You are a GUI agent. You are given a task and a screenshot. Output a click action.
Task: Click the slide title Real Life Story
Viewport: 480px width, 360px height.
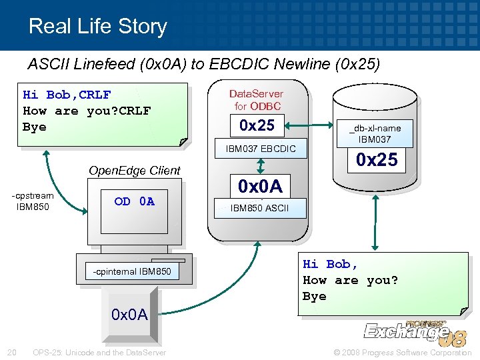pyautogui.click(x=97, y=26)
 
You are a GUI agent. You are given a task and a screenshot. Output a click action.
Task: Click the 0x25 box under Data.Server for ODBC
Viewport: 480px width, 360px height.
pyautogui.click(x=257, y=124)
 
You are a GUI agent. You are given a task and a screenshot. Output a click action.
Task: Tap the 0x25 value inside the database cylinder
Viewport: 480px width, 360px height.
pyautogui.click(x=377, y=159)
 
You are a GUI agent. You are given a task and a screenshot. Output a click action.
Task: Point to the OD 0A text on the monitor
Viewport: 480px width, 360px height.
pyautogui.click(x=134, y=201)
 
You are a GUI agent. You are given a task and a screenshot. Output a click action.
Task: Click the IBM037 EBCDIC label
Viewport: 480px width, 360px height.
pyautogui.click(x=257, y=147)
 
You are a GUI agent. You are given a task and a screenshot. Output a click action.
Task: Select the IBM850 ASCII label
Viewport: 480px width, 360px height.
pyautogui.click(x=259, y=208)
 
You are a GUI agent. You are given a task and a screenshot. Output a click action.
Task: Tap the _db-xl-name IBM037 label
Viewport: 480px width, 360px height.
pyautogui.click(x=377, y=133)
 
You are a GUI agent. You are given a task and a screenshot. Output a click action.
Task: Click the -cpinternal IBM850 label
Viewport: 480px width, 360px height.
pyautogui.click(x=132, y=271)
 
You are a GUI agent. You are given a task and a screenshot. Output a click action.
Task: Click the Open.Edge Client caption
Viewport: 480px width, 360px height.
pyautogui.click(x=134, y=170)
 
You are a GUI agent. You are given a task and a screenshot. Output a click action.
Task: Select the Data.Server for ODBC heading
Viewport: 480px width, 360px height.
pyautogui.click(x=257, y=100)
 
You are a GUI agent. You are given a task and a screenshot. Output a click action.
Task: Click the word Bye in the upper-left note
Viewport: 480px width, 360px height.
pyautogui.click(x=35, y=127)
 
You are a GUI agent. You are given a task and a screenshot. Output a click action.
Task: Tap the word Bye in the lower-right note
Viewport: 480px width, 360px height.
pyautogui.click(x=315, y=296)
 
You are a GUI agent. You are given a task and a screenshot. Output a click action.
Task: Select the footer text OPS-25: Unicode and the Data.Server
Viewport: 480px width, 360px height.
pyautogui.click(x=99, y=352)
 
